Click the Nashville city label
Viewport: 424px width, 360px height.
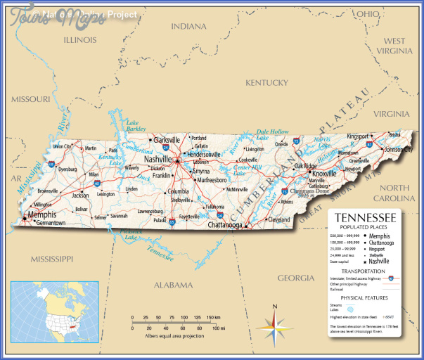coord(159,160)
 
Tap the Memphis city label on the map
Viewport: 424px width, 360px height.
coord(41,214)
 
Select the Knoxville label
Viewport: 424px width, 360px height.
coord(324,173)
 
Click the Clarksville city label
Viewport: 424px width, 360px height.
coord(167,139)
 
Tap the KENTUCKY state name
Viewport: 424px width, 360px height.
coord(266,82)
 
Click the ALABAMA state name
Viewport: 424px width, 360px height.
coord(173,285)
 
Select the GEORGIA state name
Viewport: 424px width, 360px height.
coord(295,278)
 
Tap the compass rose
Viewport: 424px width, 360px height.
coord(274,323)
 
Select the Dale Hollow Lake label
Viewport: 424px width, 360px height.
coord(272,134)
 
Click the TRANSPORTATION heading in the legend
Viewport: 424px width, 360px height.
coord(363,271)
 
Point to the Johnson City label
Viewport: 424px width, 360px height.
coord(398,150)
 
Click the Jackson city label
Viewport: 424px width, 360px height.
coord(80,195)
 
